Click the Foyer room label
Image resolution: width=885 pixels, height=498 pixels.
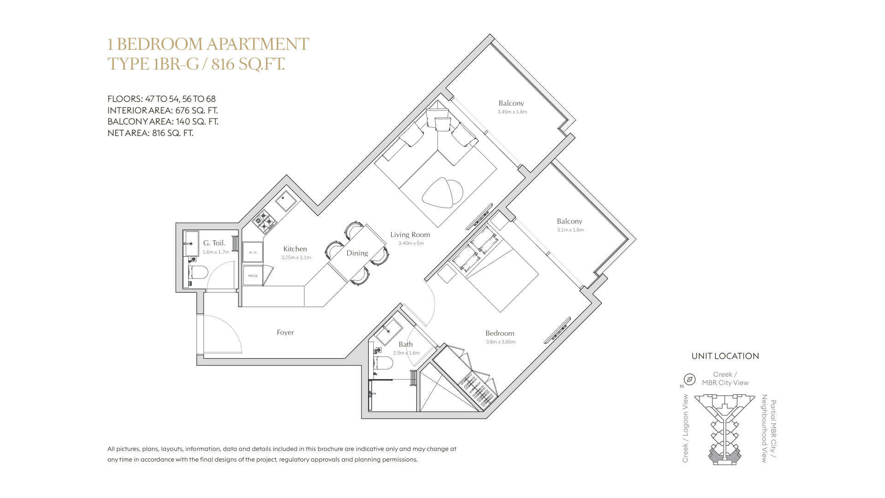[x=285, y=332]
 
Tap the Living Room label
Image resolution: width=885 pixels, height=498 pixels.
[x=410, y=235]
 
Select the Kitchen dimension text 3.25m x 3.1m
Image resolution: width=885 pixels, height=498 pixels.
[x=296, y=258]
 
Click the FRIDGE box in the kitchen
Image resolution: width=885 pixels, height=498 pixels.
[x=253, y=276]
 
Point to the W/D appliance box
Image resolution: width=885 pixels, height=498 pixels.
[x=253, y=252]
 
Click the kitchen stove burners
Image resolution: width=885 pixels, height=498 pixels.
[x=265, y=220]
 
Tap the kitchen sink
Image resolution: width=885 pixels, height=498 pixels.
[x=286, y=201]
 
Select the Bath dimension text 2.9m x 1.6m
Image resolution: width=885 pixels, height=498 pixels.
[x=407, y=353]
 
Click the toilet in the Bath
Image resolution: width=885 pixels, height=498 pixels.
[x=383, y=363]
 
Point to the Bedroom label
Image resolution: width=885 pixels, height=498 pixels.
[x=500, y=333]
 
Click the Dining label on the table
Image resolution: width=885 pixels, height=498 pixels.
[x=357, y=253]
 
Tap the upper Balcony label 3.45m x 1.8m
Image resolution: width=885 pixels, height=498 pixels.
[x=512, y=107]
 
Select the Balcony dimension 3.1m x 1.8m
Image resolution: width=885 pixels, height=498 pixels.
[x=570, y=230]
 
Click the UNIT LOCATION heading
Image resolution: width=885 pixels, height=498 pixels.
[x=725, y=356]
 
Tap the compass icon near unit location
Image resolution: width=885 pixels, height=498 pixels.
[x=690, y=379]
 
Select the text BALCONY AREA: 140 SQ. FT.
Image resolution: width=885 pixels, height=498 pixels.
[x=163, y=122]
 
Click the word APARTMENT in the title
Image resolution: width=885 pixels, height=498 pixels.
[x=258, y=44]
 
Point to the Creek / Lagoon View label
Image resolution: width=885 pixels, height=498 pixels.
[x=685, y=428]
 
